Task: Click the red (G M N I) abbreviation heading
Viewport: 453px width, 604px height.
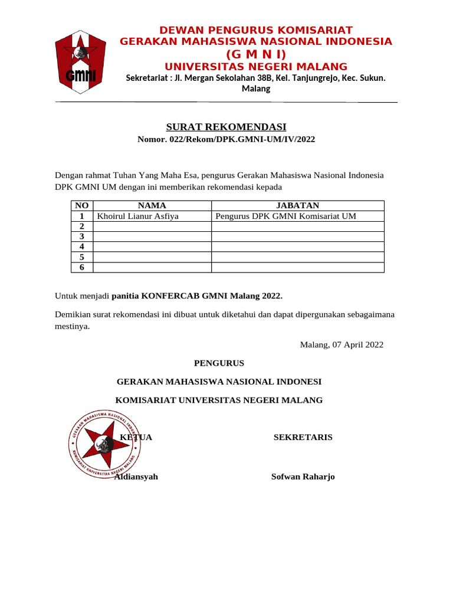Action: [255, 54]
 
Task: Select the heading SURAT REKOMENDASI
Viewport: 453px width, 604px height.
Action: [226, 127]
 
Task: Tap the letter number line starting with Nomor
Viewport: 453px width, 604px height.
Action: [226, 139]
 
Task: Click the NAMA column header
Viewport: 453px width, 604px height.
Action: [152, 205]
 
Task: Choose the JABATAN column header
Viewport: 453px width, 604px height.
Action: [297, 205]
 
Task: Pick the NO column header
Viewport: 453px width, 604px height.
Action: [82, 205]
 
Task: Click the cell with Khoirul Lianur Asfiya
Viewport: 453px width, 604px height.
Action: [138, 216]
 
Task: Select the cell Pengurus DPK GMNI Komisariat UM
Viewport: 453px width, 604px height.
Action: [286, 216]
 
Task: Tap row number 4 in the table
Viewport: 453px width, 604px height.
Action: [82, 247]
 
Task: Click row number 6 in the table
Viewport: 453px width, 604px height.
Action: [82, 267]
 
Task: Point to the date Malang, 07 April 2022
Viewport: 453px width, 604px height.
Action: [342, 344]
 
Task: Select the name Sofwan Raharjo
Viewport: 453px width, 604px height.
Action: [303, 477]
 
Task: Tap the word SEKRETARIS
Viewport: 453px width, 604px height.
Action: [303, 437]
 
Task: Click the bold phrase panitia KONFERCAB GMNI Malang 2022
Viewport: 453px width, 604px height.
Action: [197, 295]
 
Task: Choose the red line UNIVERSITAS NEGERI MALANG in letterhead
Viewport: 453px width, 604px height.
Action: [255, 66]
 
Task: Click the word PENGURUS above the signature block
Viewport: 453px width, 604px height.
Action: [219, 363]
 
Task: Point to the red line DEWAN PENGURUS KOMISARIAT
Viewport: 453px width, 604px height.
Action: [256, 30]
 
